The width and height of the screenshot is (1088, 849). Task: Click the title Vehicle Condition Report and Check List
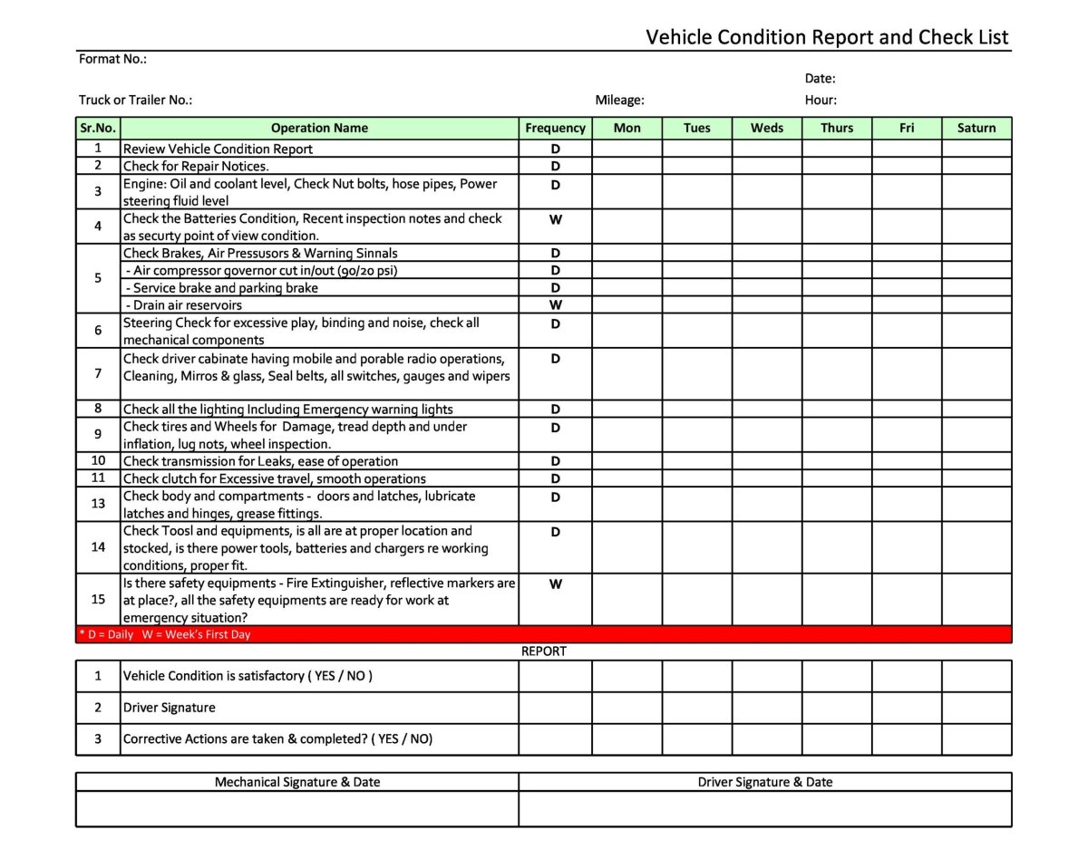826,37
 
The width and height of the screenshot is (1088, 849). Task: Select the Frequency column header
555,129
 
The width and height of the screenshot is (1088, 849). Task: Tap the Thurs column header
836,129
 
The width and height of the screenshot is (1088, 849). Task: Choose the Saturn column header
976,129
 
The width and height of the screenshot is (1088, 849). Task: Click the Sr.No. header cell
98,129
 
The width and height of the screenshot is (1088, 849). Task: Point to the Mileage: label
619,101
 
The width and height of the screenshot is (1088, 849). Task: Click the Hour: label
821,101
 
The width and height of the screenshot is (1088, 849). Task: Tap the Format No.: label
112,59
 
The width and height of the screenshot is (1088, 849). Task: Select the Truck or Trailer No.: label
135,101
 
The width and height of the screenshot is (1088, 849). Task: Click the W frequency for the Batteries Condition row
555,219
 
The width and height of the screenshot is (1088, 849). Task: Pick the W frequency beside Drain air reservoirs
555,305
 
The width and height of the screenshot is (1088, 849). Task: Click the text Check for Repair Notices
196,167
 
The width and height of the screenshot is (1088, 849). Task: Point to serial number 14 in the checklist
98,547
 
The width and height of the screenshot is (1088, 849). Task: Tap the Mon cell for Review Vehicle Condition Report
627,149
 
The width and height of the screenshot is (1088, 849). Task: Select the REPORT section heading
543,651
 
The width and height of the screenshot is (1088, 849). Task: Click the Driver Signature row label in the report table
169,708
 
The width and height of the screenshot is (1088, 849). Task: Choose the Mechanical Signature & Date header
296,782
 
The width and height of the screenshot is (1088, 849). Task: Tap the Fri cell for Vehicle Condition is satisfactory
906,676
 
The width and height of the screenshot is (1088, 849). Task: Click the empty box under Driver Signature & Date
764,808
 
